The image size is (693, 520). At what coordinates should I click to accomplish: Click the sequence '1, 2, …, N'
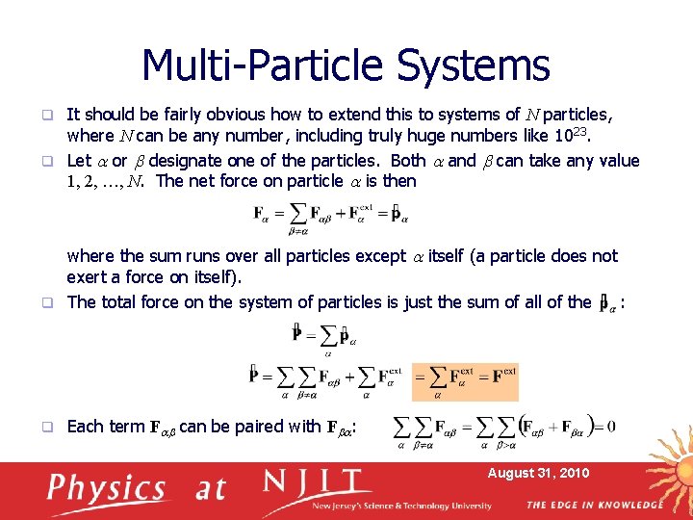click(108, 182)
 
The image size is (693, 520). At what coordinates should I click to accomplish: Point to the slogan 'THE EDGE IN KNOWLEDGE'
click(594, 505)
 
